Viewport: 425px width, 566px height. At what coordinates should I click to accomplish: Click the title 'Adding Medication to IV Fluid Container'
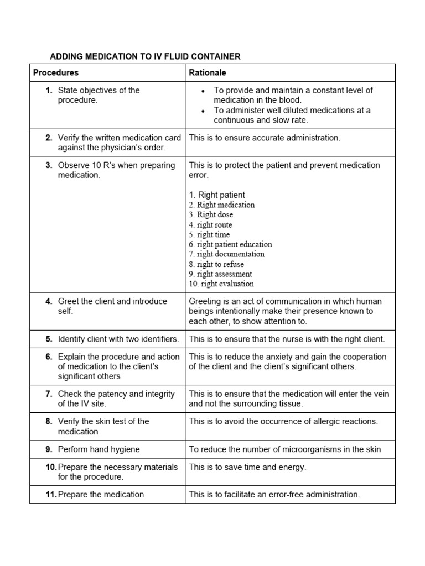[146, 56]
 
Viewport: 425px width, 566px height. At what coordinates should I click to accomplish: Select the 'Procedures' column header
[56, 72]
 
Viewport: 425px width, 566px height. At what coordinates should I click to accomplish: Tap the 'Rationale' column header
[208, 72]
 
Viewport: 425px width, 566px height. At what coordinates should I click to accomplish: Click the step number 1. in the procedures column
[49, 91]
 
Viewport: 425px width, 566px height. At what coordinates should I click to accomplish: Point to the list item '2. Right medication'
[221, 205]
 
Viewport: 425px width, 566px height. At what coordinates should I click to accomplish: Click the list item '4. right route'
[210, 225]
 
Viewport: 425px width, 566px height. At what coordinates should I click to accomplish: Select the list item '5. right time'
[209, 235]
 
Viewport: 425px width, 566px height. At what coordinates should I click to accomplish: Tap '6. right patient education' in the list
[230, 244]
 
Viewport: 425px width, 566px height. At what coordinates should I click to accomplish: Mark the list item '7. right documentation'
[226, 254]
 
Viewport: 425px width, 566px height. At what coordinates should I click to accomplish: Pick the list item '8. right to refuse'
[216, 264]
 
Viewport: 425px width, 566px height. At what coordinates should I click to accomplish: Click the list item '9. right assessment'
[220, 274]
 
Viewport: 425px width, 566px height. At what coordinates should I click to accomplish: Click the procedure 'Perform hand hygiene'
[99, 449]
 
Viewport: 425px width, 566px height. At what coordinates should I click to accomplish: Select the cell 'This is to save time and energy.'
[247, 467]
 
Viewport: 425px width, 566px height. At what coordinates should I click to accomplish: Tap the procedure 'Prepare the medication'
[100, 495]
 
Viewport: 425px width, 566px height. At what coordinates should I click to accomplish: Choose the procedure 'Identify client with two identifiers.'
[118, 339]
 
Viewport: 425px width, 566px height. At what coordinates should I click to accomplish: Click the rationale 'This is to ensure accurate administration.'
[265, 138]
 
